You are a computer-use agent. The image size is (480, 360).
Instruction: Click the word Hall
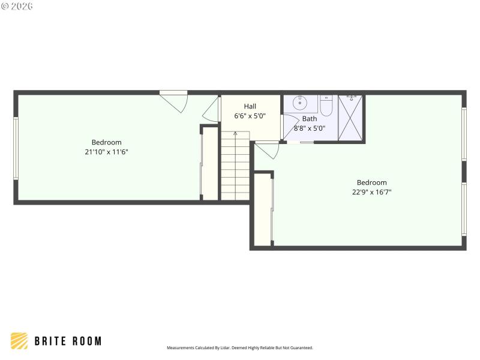coord(250,106)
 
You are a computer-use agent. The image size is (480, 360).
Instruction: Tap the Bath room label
coord(310,118)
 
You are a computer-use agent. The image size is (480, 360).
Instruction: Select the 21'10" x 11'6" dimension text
coord(106,152)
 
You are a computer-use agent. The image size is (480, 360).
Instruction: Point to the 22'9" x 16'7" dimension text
coord(371,193)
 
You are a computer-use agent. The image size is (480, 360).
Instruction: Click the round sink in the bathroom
coord(299,103)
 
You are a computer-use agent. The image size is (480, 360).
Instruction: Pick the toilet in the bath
coord(326,106)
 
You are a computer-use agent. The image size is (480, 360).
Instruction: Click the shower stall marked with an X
coord(351,118)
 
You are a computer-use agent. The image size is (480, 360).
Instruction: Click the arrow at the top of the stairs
coord(235,133)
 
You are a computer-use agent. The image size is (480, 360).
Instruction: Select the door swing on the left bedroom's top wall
coord(176,101)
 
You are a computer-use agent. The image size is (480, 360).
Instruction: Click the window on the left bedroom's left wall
coord(16,148)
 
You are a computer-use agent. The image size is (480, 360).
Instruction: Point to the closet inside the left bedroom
coord(209,163)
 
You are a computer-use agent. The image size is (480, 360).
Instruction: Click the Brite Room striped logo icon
coord(19,341)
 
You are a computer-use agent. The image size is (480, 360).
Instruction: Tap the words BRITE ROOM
coord(68,341)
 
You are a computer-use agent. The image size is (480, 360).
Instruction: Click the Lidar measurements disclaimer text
coord(239,347)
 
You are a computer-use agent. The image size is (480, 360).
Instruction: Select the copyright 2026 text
coord(17,6)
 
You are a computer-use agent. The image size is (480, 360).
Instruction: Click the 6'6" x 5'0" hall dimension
coord(250,116)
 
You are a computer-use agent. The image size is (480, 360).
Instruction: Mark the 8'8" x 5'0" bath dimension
coord(310,128)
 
